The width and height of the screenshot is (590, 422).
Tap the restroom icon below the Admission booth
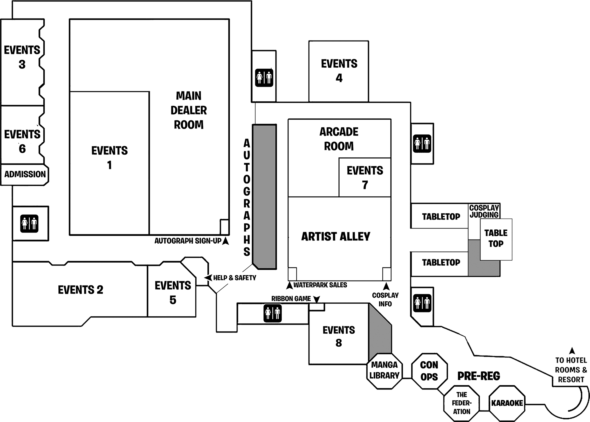29,223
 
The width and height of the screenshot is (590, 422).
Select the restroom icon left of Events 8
272,313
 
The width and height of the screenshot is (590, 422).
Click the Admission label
25,174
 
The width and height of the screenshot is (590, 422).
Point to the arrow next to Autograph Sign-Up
226,241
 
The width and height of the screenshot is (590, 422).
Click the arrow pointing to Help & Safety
208,278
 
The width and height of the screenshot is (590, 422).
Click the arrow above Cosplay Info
386,286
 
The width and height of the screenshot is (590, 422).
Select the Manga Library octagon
384,370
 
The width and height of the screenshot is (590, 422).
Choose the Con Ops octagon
429,371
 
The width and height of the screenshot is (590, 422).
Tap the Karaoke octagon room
507,403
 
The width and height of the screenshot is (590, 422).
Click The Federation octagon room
461,403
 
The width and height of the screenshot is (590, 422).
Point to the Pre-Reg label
479,376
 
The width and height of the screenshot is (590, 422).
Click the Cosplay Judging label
484,211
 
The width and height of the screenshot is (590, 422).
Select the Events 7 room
365,177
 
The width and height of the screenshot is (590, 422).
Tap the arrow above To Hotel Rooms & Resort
572,351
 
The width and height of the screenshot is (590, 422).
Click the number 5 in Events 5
173,300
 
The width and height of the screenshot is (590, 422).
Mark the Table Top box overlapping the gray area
496,239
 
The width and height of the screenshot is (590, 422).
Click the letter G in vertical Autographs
247,191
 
